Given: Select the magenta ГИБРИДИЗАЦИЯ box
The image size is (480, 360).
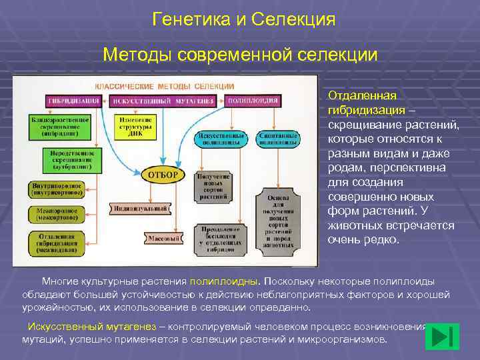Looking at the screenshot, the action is pyautogui.click(x=73, y=101).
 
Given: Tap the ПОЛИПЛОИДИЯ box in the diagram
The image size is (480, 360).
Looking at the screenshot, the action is pyautogui.click(x=253, y=101).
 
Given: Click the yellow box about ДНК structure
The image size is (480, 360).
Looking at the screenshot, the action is pyautogui.click(x=135, y=125).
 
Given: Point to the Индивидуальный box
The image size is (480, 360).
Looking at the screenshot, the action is pyautogui.click(x=139, y=208).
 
